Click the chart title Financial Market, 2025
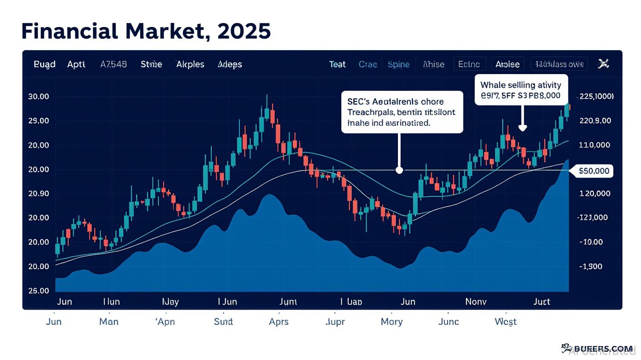146,31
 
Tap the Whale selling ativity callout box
521,90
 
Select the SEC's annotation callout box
402,112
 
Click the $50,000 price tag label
594,171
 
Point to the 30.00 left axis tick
38,97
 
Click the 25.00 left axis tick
38,291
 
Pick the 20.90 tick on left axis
38,194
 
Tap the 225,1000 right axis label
596,97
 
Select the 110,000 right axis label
594,145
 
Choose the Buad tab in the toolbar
45,64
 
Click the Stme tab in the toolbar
151,64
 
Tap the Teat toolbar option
337,64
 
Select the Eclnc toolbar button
470,64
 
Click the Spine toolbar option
399,64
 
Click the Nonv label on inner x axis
476,302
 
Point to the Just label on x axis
542,302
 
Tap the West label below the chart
506,322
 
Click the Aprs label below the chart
279,322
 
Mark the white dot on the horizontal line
399,170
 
